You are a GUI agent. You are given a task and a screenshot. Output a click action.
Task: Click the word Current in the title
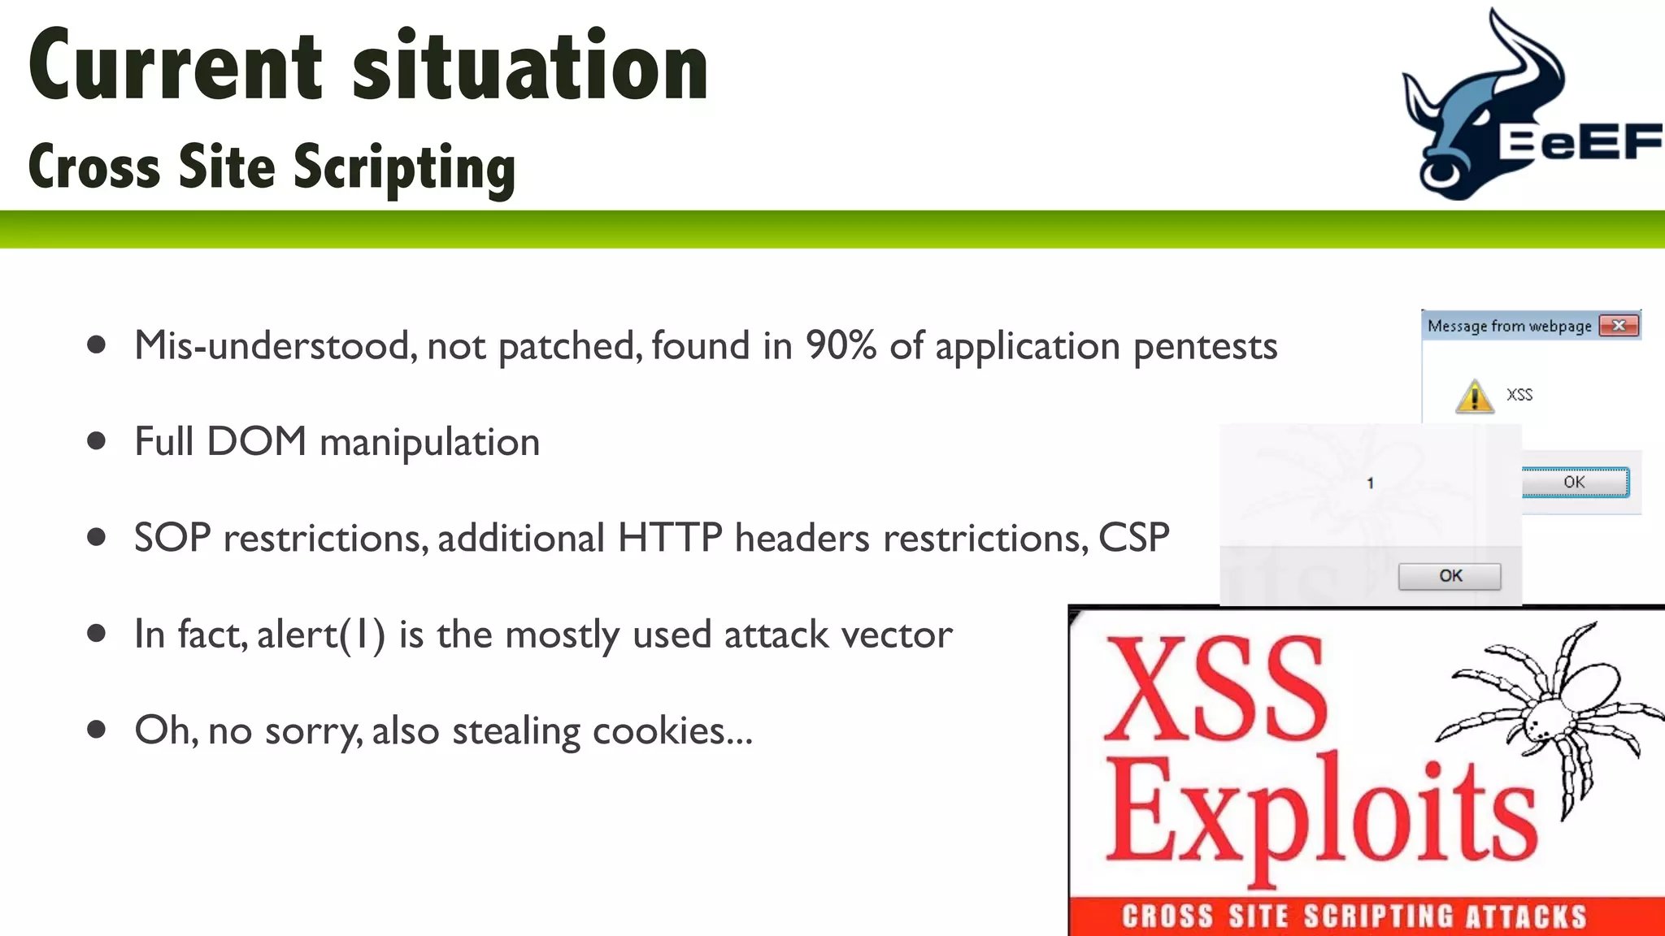point(175,67)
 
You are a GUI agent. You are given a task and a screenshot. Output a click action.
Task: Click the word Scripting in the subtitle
point(404,168)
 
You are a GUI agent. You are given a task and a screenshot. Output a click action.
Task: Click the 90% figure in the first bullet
point(841,346)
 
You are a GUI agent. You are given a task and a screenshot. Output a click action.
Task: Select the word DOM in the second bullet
point(256,442)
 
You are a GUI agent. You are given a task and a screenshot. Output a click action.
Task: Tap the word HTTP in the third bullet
point(669,538)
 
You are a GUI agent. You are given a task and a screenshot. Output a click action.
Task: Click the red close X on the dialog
point(1618,326)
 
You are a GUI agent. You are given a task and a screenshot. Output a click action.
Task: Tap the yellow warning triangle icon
point(1474,396)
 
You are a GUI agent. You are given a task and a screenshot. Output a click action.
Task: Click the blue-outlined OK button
point(1575,482)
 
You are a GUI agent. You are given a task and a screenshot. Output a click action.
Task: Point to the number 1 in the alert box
point(1370,483)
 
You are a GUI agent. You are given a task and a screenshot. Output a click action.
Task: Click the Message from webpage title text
point(1509,327)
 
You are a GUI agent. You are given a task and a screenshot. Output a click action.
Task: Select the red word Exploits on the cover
point(1321,812)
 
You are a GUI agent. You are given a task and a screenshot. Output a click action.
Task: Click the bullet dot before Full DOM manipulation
point(97,441)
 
